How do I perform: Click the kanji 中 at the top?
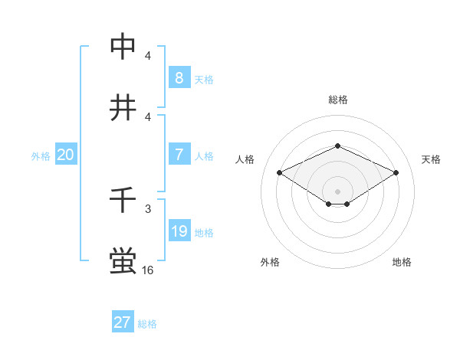[123, 47]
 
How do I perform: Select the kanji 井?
[123, 108]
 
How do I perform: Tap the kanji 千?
[123, 201]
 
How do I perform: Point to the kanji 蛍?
[123, 261]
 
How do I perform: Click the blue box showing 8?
[179, 78]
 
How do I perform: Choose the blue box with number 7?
[179, 155]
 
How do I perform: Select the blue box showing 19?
[179, 231]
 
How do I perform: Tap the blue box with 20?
[66, 155]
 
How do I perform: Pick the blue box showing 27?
[123, 322]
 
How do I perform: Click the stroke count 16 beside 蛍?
[148, 270]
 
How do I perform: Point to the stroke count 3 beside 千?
[148, 208]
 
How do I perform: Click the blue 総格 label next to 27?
[147, 324]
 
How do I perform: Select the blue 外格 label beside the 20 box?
[41, 156]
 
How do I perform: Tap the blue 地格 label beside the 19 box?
[205, 233]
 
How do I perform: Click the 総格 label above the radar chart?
[337, 100]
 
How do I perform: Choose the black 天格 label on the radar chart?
[431, 159]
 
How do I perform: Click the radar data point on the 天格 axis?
[396, 173]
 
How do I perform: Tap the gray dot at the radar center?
[337, 191]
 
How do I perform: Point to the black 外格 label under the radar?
[270, 262]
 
